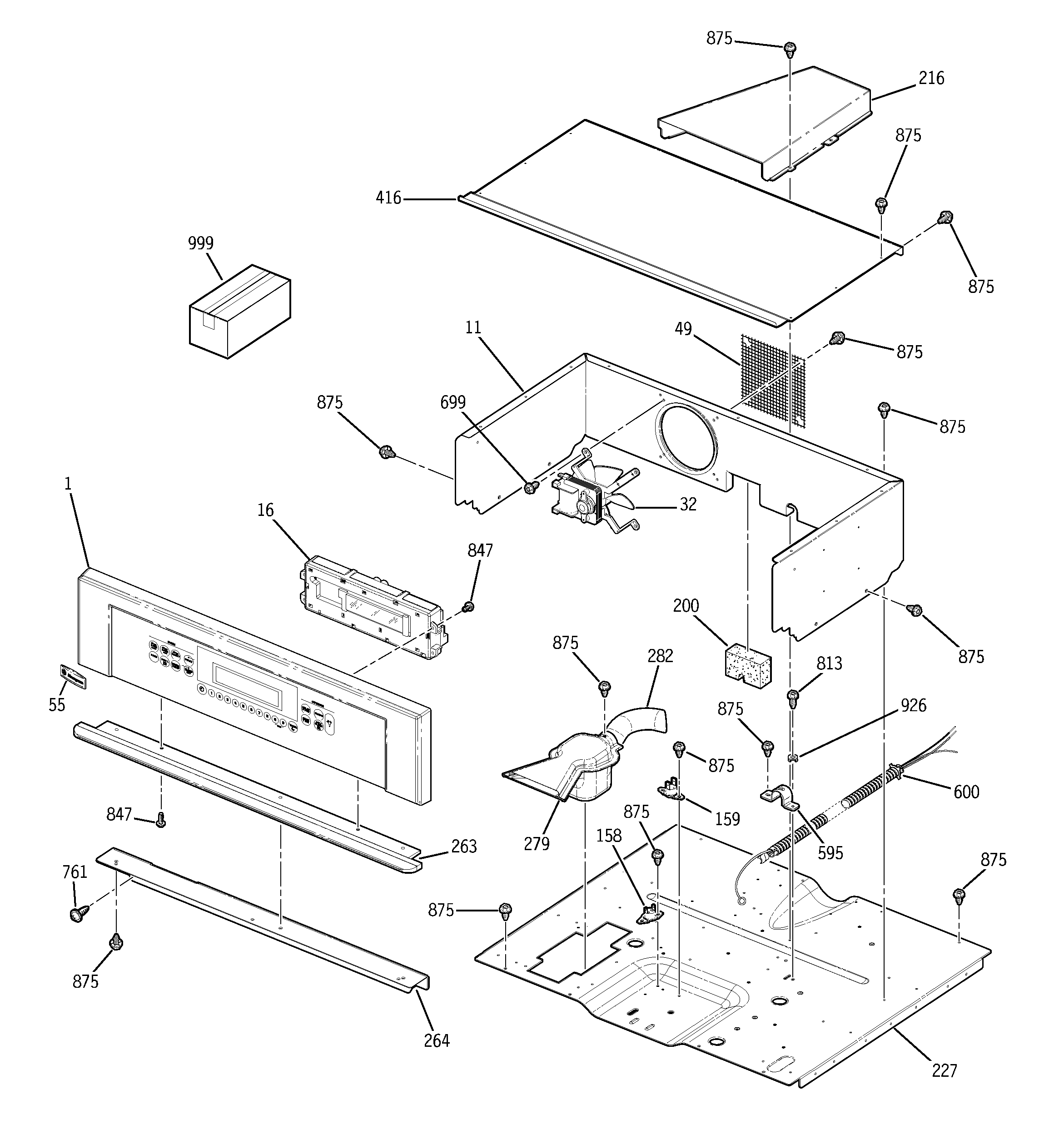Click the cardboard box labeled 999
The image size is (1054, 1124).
(x=239, y=312)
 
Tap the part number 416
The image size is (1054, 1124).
(x=389, y=198)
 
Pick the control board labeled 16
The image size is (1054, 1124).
(x=373, y=605)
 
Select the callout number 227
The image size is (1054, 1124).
(x=944, y=1070)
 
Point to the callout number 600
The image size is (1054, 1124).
(x=966, y=792)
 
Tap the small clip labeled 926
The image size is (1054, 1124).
(x=793, y=757)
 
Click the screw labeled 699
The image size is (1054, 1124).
(x=531, y=486)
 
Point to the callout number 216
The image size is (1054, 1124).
(x=931, y=78)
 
